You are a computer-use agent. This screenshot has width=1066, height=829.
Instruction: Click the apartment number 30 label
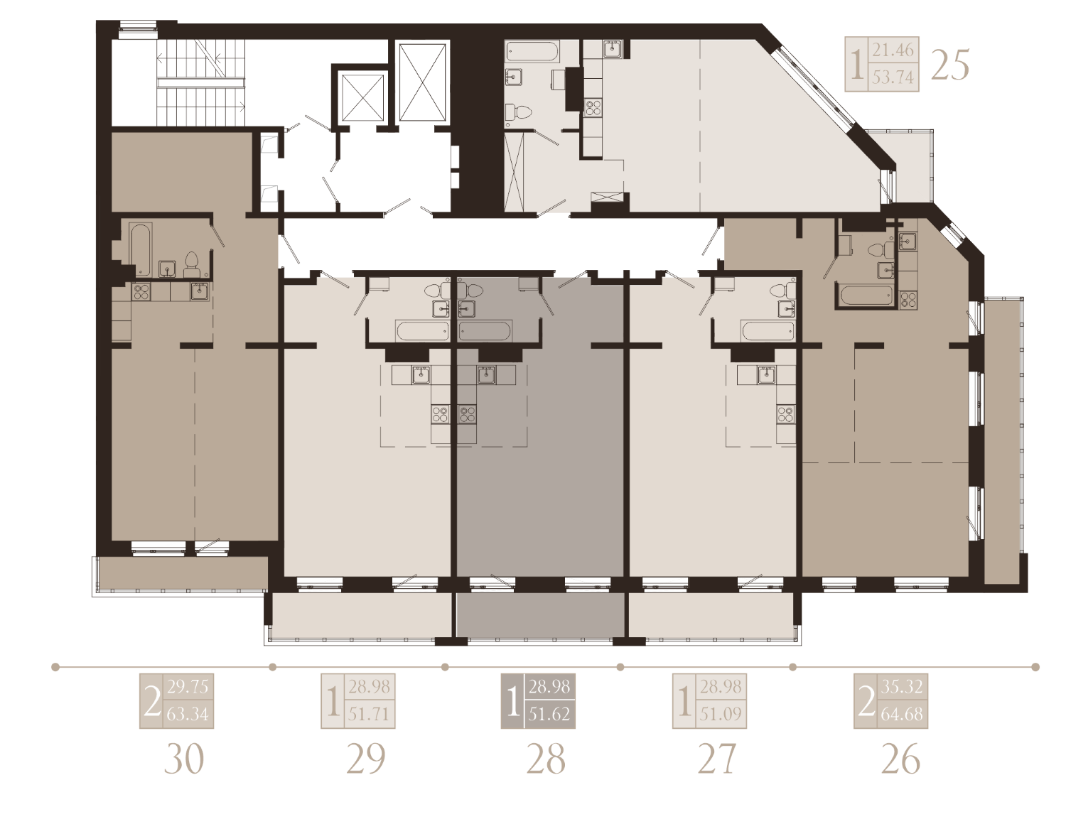click(184, 759)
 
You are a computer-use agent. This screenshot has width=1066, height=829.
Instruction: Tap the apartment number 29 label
click(366, 759)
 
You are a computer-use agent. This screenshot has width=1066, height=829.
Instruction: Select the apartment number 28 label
click(546, 759)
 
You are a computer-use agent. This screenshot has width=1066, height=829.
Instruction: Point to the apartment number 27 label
click(717, 759)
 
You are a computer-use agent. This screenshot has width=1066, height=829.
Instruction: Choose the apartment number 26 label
click(900, 759)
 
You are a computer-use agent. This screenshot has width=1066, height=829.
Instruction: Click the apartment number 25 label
click(949, 65)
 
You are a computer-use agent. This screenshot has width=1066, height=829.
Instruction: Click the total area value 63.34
click(188, 715)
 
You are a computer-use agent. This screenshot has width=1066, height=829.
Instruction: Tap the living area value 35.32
click(902, 687)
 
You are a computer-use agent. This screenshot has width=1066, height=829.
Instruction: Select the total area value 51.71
click(369, 715)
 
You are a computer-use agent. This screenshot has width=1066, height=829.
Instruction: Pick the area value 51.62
click(549, 715)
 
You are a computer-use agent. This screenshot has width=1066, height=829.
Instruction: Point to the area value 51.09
click(720, 715)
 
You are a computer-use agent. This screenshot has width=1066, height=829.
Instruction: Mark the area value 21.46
click(893, 50)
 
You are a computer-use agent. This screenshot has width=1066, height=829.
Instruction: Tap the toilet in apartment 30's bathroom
click(191, 265)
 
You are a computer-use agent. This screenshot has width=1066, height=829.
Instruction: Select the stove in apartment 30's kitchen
click(141, 292)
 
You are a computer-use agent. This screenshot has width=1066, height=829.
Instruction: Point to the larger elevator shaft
click(422, 82)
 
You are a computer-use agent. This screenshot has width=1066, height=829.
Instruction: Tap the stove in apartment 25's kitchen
click(593, 107)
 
